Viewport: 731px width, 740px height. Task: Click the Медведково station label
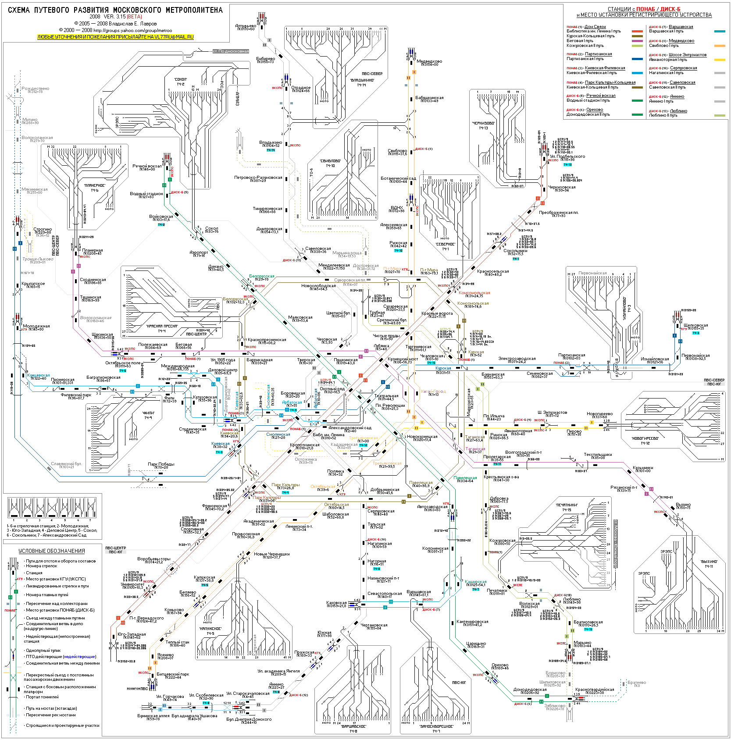[x=429, y=61]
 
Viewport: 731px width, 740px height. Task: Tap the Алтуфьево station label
[x=246, y=26]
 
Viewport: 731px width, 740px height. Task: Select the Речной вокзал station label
[x=147, y=166]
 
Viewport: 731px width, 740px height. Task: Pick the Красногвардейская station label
[x=595, y=690]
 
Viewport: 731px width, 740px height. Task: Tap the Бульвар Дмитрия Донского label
[x=249, y=719]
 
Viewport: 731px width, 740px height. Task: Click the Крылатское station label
[x=33, y=284]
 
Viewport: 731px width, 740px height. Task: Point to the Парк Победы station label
[x=161, y=464]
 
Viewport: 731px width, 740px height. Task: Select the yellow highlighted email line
[x=115, y=37]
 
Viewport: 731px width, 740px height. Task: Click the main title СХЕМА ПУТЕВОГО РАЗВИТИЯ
[x=115, y=10]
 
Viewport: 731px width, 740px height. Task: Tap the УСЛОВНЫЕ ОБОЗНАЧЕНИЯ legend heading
[x=51, y=551]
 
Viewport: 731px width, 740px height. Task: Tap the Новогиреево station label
[x=599, y=414]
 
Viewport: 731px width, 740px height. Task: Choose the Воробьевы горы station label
[x=153, y=559]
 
